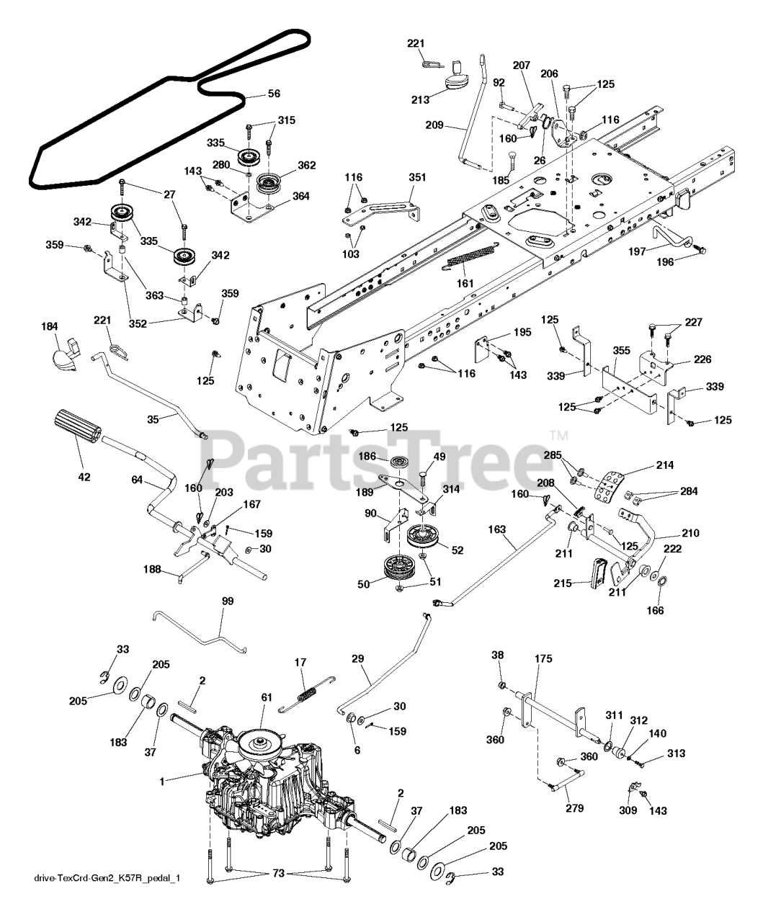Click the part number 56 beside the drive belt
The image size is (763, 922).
[274, 94]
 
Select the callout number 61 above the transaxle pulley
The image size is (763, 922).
[267, 697]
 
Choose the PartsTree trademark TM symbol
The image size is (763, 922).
[559, 436]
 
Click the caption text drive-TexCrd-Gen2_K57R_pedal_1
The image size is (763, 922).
[107, 878]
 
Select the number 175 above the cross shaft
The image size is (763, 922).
[543, 658]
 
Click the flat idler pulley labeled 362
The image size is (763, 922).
[270, 182]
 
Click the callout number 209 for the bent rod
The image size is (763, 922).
[434, 125]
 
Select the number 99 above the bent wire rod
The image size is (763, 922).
[228, 601]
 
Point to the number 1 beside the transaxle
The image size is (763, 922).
[161, 781]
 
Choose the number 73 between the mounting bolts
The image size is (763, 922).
[279, 873]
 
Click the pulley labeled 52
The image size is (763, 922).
[423, 537]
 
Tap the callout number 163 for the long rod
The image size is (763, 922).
[496, 529]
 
